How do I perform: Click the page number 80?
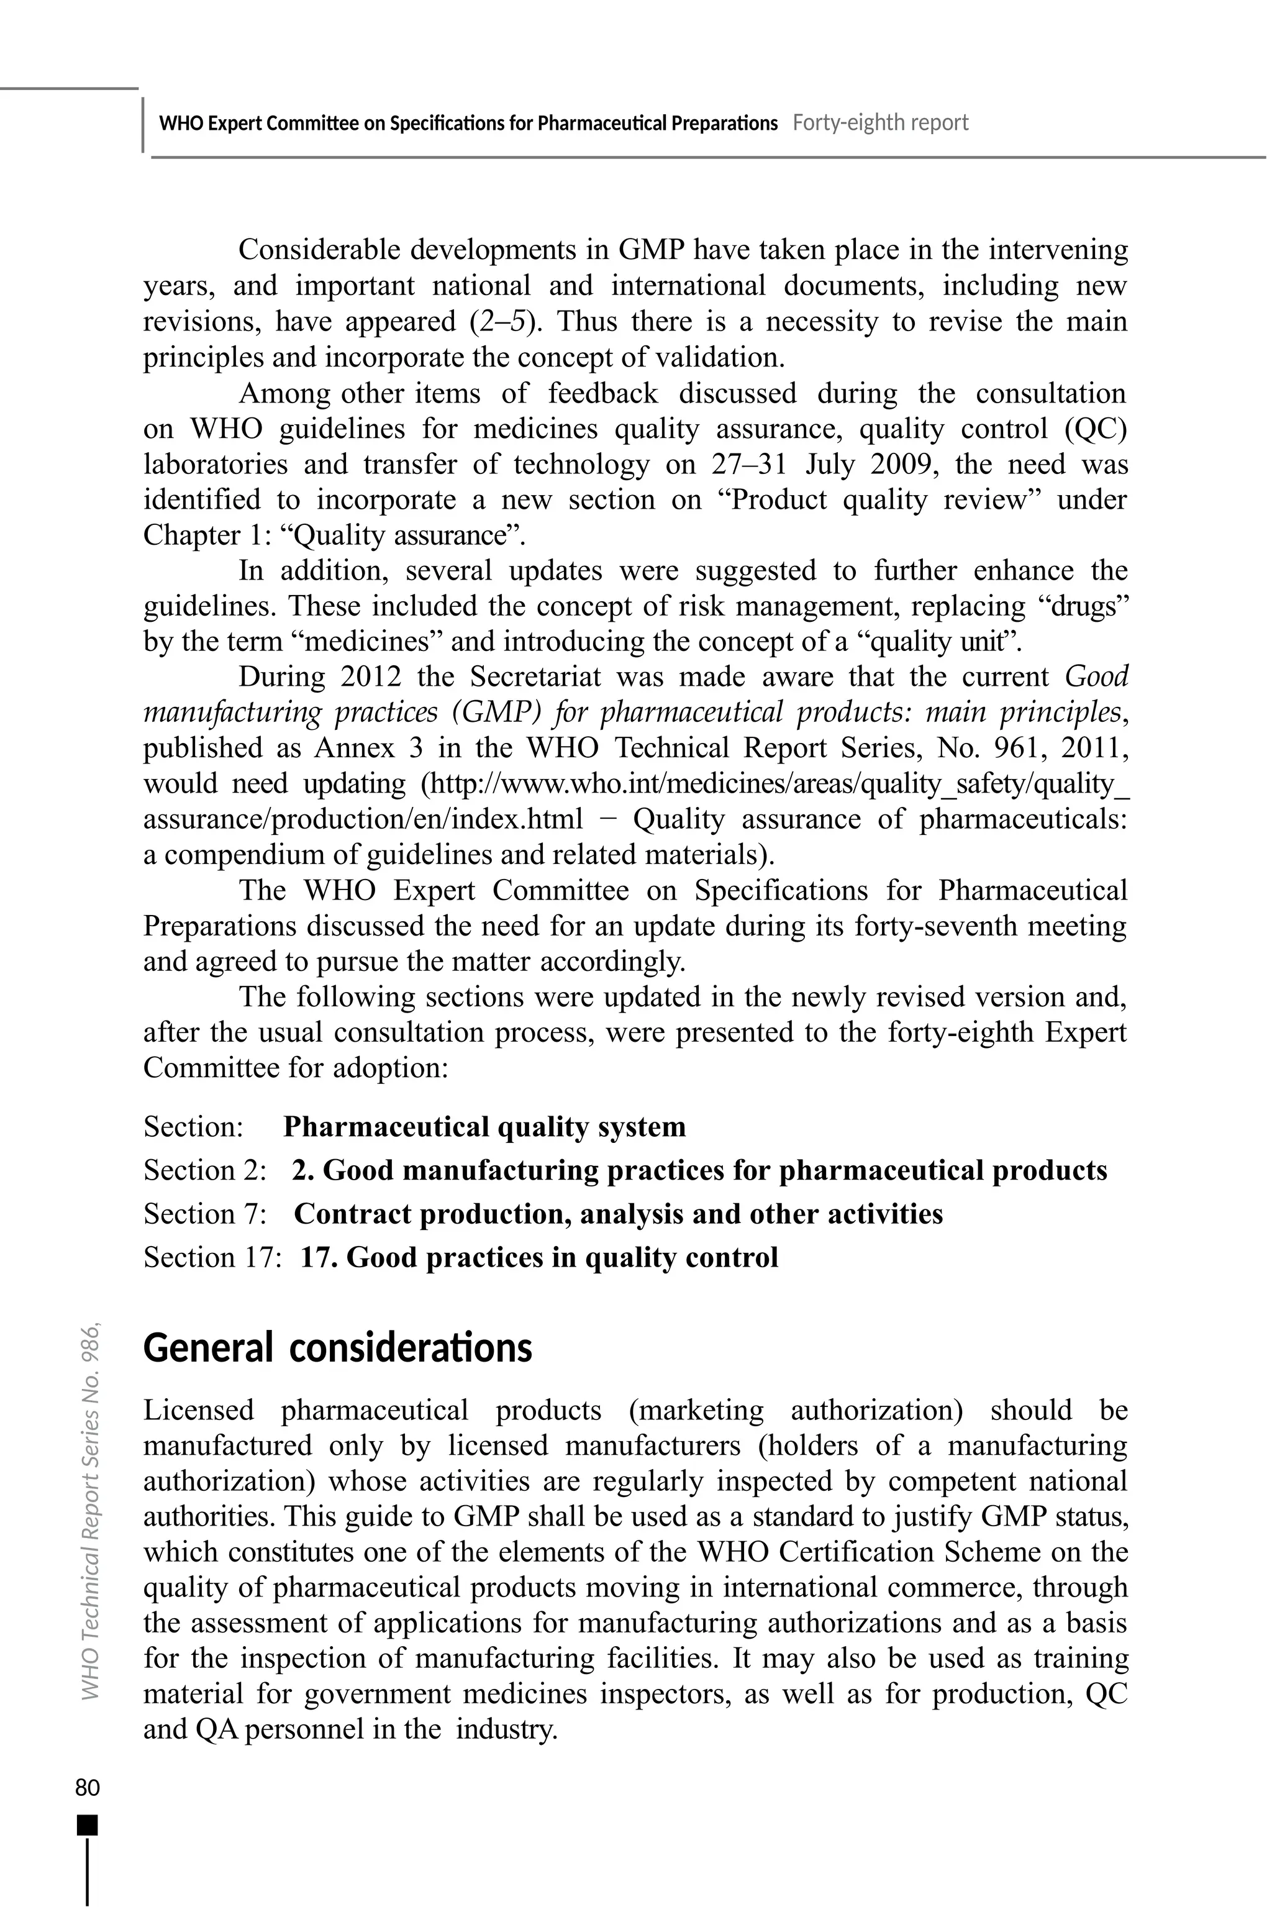[87, 1788]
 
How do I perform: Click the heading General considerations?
[337, 1348]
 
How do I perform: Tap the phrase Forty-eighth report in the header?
[880, 123]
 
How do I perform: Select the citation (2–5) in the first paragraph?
[501, 322]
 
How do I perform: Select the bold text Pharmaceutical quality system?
[484, 1127]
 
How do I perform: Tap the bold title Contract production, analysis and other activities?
[618, 1214]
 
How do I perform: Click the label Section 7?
[205, 1214]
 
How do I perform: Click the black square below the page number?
[87, 1825]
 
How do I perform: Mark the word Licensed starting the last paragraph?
[198, 1411]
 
